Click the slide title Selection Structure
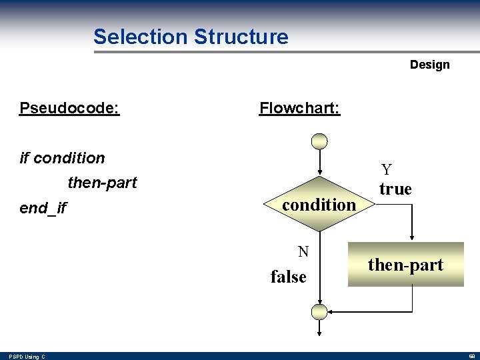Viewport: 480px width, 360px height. (x=191, y=37)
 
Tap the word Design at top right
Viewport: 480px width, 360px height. (x=429, y=65)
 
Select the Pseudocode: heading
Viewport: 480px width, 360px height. (x=69, y=108)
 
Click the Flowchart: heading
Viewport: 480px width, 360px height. (x=299, y=108)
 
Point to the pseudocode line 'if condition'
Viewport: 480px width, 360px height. (x=62, y=158)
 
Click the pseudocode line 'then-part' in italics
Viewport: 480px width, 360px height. (x=102, y=183)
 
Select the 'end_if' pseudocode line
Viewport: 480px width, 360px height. (x=43, y=208)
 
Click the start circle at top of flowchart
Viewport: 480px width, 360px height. (x=321, y=141)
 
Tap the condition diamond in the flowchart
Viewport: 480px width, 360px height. (x=320, y=205)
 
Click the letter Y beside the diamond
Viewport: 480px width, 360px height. (x=386, y=171)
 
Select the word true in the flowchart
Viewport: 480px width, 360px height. (x=395, y=189)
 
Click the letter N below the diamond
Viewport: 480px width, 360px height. (x=303, y=251)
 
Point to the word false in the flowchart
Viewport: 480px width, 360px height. (x=288, y=276)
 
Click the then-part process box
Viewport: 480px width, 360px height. (x=405, y=265)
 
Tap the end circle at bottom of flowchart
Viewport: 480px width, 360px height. (x=321, y=312)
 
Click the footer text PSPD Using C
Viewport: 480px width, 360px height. (x=27, y=357)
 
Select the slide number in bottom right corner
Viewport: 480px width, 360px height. (x=471, y=357)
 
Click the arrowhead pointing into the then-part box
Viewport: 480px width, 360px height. (x=413, y=237)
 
